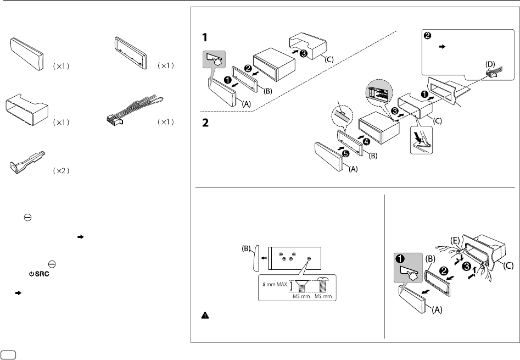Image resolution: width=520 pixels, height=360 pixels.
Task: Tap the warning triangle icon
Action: coord(205,317)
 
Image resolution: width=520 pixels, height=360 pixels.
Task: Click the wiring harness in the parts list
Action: coord(137,112)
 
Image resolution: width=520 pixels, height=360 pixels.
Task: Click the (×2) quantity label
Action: coord(61,171)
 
